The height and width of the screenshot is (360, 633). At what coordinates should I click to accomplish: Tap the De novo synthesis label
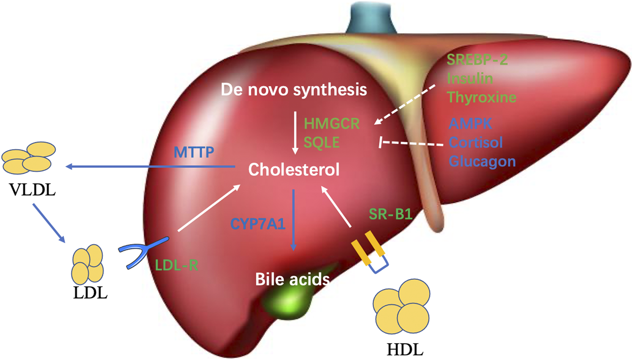coord(293,90)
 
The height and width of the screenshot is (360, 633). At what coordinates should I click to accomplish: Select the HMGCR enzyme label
coord(332,123)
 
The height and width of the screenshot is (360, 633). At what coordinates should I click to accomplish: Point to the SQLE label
coord(321,142)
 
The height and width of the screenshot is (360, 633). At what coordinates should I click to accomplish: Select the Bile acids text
coord(292,279)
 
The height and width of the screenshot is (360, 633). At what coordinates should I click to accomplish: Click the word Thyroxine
coord(482,97)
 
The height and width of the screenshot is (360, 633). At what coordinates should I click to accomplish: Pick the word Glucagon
coord(482,161)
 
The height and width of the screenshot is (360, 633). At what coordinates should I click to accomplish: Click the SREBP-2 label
coord(477,60)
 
